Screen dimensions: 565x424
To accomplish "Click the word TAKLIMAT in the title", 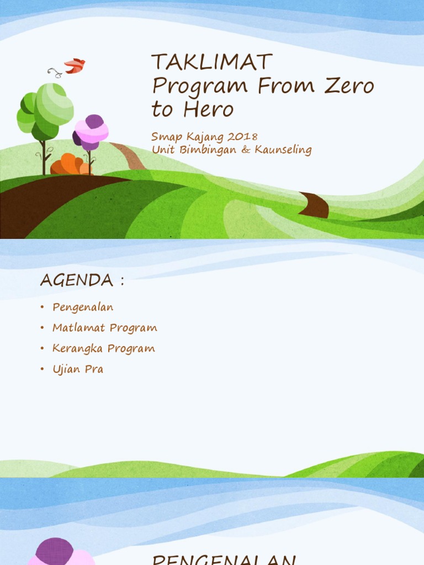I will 212,62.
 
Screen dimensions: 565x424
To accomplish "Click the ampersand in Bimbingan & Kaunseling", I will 245,150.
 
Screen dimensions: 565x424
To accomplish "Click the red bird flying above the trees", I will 75,66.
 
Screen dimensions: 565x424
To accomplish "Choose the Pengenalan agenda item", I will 83,307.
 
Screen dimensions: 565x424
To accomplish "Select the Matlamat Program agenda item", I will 104,328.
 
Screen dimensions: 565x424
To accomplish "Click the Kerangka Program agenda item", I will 103,349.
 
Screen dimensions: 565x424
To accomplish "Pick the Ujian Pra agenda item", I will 78,369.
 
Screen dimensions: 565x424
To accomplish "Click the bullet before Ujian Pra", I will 42,370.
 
